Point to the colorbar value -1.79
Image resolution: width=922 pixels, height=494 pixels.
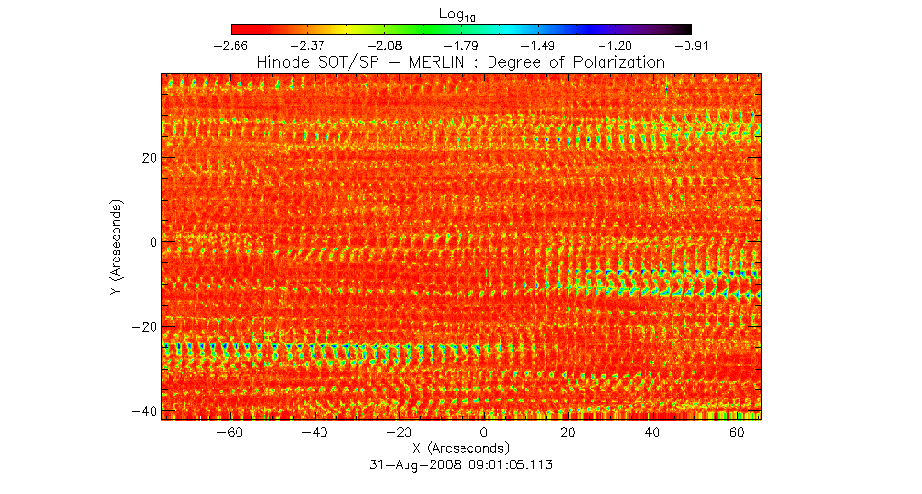point(461,45)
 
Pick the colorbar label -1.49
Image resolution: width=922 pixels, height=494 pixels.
point(539,45)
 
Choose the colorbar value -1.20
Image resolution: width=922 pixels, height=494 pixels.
point(615,45)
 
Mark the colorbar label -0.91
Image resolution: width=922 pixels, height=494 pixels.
point(692,45)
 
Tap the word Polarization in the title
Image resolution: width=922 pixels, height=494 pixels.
point(618,62)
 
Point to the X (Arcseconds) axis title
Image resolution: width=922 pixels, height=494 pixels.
point(461,449)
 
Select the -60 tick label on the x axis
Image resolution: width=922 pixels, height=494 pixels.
point(230,433)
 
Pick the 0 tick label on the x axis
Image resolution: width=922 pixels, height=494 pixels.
point(484,433)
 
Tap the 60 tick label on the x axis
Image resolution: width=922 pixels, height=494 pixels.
point(738,433)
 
